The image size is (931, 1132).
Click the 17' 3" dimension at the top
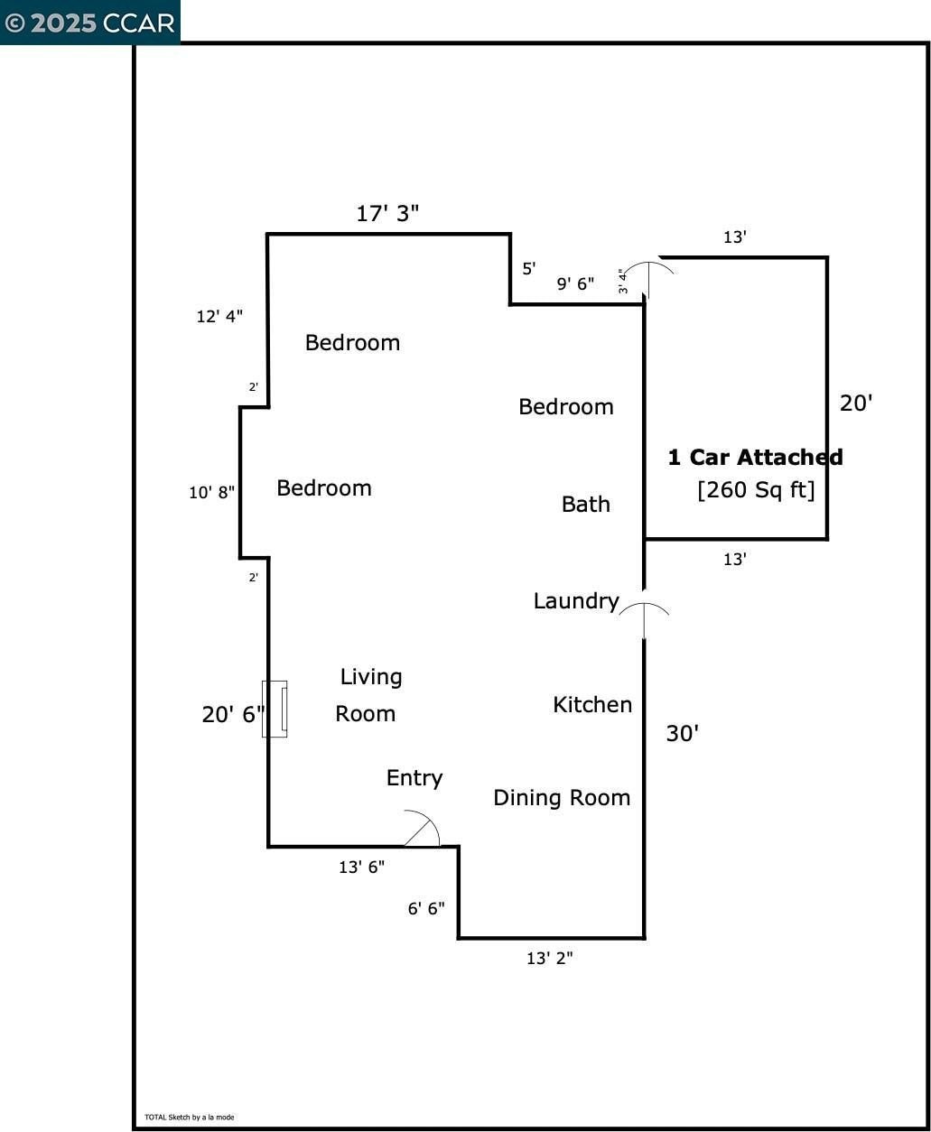(x=387, y=214)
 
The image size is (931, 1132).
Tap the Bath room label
(x=585, y=505)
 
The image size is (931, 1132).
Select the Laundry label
(x=575, y=601)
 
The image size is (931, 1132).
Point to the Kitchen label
(x=591, y=705)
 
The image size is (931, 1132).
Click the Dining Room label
(x=561, y=798)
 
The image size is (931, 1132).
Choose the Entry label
(x=414, y=778)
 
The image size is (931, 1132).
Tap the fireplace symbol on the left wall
(x=275, y=709)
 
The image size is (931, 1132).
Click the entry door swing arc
(x=423, y=828)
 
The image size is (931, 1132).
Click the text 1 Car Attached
(x=755, y=458)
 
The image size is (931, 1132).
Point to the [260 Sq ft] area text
(x=756, y=490)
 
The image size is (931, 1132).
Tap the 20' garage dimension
(x=856, y=404)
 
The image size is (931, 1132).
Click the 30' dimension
(x=682, y=734)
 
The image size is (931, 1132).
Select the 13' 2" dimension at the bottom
(x=549, y=959)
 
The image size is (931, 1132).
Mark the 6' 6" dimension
(x=425, y=909)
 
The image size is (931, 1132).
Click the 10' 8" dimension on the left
(x=211, y=493)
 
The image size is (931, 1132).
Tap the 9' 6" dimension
(x=575, y=284)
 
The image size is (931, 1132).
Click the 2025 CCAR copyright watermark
(x=89, y=23)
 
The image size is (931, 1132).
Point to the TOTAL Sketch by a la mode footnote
(x=189, y=1118)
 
